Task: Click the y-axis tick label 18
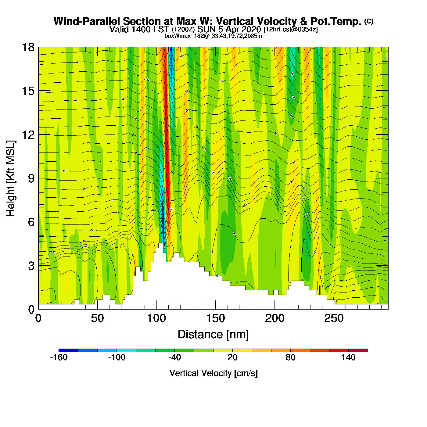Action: tap(28, 47)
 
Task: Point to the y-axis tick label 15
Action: tap(28, 91)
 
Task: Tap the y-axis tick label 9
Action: tap(31, 178)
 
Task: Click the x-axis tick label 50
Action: tap(97, 319)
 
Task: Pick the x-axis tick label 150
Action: tap(216, 319)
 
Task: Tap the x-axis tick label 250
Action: tap(334, 319)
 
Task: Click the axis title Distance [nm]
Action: tap(213, 335)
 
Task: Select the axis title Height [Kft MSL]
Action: tap(11, 178)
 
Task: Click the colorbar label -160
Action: tap(59, 357)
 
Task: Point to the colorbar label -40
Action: tap(174, 357)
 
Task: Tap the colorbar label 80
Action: tap(290, 357)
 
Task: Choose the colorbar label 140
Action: tap(348, 357)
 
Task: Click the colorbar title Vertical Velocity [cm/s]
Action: tap(213, 373)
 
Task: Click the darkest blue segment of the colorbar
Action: tap(68, 350)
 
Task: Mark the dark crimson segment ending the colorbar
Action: tap(358, 350)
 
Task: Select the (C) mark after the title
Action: tap(369, 21)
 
